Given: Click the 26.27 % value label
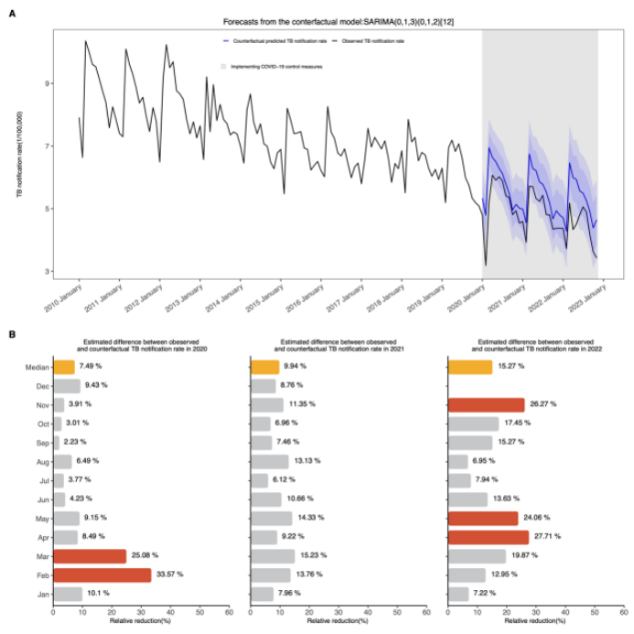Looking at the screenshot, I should (544, 404).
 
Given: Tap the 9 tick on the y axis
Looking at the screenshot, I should (47, 83).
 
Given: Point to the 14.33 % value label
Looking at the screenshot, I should (311, 518).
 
